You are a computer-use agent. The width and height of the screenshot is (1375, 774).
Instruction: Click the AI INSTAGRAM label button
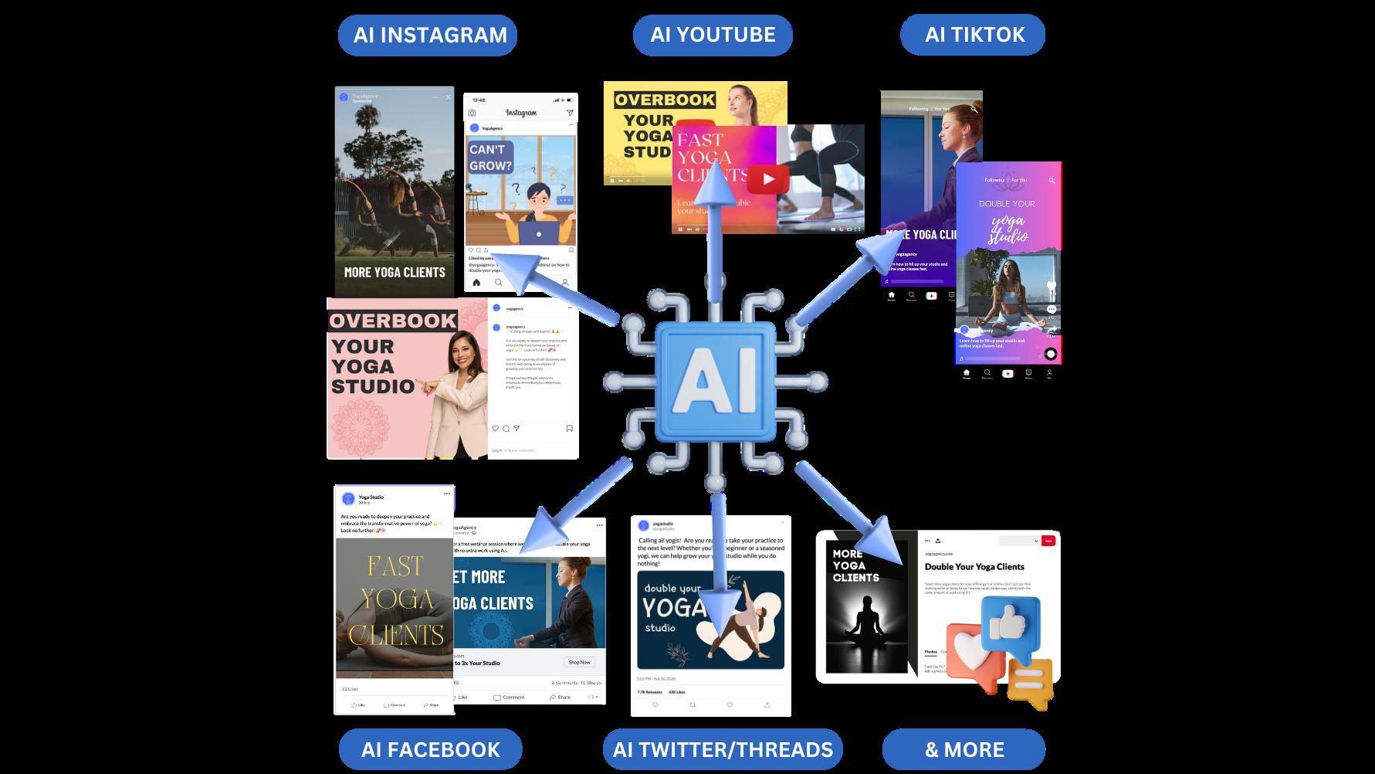click(x=428, y=36)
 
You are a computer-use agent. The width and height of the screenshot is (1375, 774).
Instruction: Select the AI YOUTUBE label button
click(x=713, y=36)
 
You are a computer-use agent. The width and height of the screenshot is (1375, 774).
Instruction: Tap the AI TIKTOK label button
click(x=974, y=36)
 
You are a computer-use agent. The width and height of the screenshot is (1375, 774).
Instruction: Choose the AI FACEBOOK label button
click(x=430, y=749)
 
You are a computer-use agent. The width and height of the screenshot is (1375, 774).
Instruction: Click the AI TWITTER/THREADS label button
click(x=723, y=749)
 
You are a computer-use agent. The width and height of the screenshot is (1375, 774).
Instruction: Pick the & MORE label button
click(x=964, y=749)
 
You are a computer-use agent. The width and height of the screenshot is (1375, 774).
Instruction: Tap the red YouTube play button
click(x=767, y=180)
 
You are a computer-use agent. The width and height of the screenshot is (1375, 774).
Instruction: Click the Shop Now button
click(x=579, y=662)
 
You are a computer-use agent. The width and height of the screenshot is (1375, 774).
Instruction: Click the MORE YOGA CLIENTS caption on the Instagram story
click(x=395, y=272)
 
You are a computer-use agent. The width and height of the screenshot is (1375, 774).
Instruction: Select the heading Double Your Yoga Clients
click(x=974, y=567)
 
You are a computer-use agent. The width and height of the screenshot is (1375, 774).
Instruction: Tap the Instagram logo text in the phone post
click(x=521, y=114)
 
